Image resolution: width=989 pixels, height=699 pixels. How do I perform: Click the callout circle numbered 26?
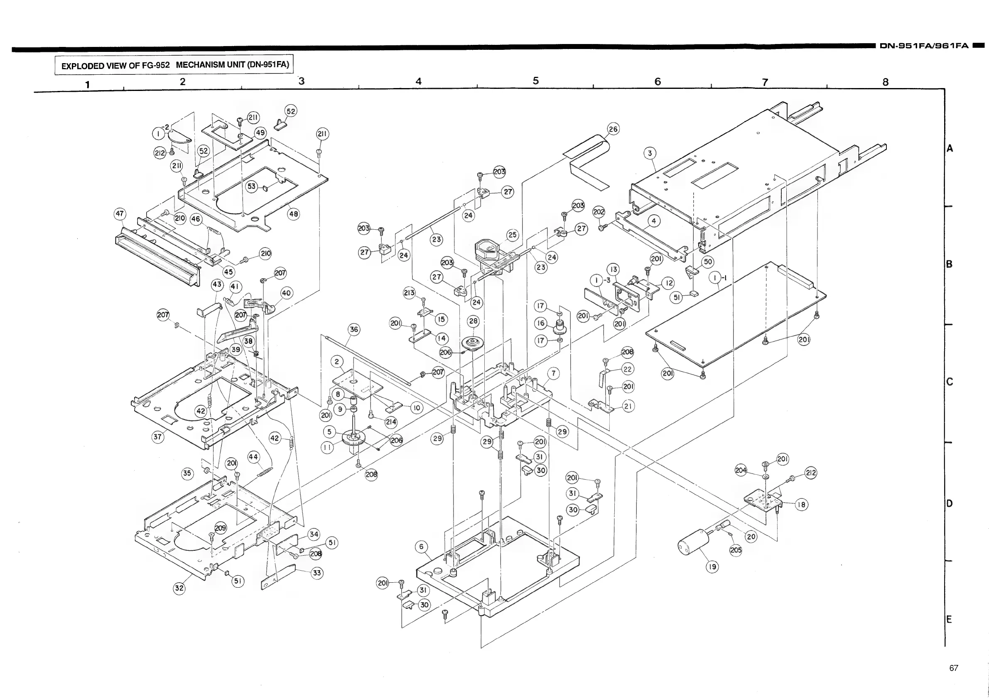[x=613, y=129]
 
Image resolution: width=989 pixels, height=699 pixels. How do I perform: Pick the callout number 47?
[x=120, y=213]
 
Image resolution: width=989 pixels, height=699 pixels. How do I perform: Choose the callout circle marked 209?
[x=220, y=527]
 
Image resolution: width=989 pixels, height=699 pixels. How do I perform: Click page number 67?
[x=954, y=667]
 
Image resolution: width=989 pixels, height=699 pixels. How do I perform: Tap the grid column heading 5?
[x=535, y=81]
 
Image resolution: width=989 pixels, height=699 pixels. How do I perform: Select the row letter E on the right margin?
[x=949, y=619]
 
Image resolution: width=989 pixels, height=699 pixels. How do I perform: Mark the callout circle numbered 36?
[x=353, y=329]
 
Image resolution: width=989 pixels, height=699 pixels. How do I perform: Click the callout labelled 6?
[x=421, y=547]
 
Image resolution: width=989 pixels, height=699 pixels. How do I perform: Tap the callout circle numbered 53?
[x=252, y=186]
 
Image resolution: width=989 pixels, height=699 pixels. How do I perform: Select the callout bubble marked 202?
[x=599, y=211]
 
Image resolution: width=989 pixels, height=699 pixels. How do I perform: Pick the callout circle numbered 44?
[x=253, y=457]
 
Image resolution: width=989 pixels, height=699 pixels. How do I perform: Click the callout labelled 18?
[x=801, y=504]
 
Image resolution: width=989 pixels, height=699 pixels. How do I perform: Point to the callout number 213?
[x=409, y=293]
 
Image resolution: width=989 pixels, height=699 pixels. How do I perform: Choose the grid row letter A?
[x=950, y=149]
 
